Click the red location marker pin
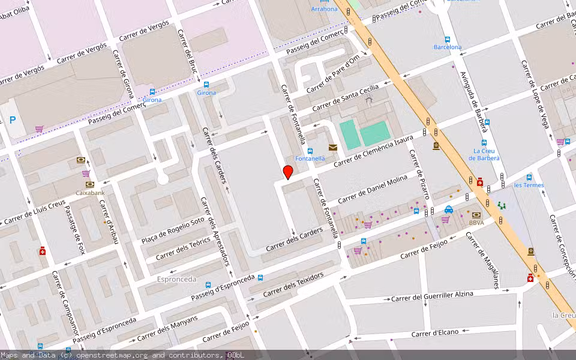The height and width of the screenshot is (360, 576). point(288,172)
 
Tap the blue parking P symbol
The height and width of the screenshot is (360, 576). point(13,120)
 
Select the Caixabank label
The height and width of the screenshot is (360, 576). point(89,193)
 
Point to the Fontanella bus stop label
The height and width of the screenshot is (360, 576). point(310,158)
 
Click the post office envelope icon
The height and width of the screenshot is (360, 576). point(332,147)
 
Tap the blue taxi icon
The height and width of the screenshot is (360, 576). point(449,209)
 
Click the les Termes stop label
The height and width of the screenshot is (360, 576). point(529,185)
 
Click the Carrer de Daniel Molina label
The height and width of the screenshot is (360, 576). point(372,190)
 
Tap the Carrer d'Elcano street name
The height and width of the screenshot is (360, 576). point(435,332)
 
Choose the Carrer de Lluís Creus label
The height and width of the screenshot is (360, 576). point(34,212)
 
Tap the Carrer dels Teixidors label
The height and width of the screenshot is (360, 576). point(294,283)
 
